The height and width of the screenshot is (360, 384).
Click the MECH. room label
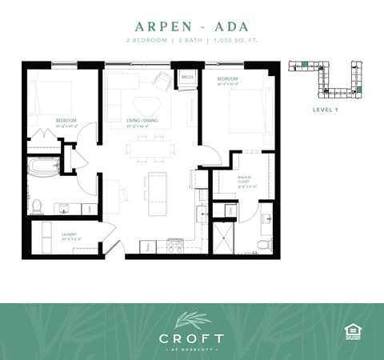point(187,78)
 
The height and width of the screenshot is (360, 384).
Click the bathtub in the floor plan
point(45,168)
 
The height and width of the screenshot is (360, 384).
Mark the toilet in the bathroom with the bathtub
point(36,205)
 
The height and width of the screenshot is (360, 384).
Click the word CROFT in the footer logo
point(191,338)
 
